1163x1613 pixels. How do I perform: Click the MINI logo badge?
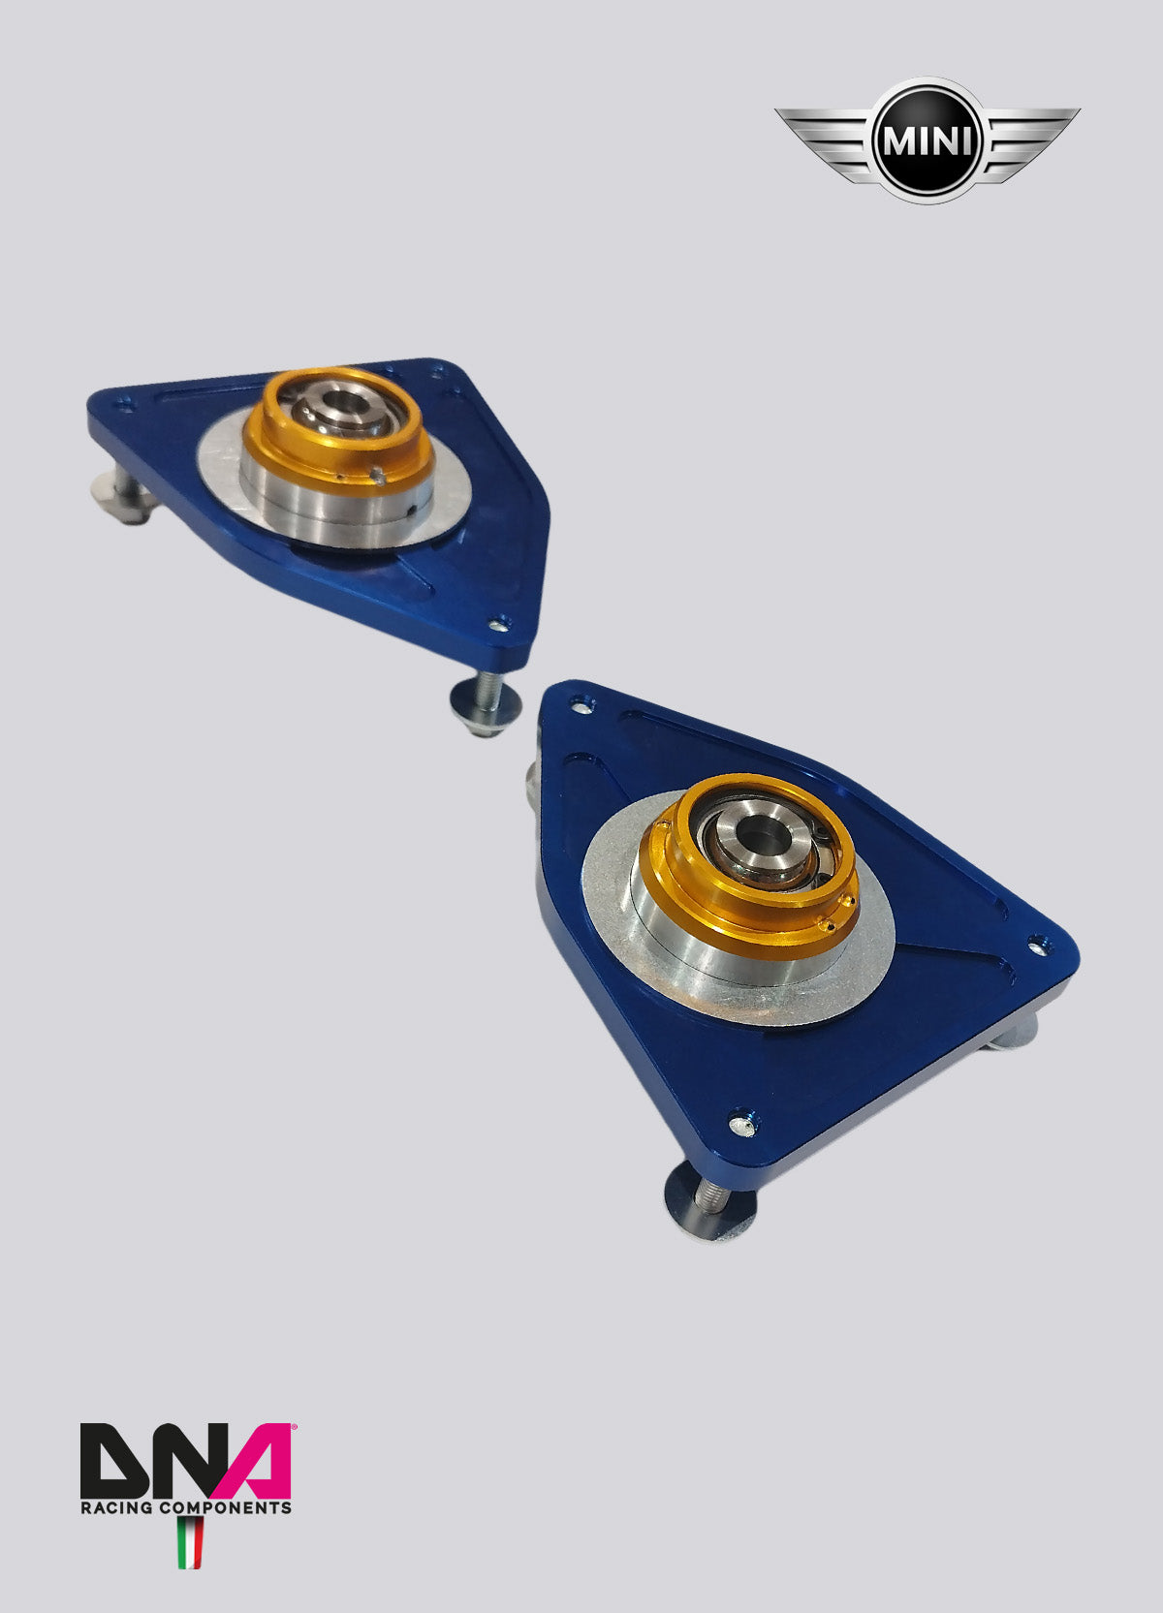[x=927, y=140]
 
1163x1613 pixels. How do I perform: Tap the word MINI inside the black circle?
[x=927, y=141]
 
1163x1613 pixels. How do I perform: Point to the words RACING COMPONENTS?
[x=185, y=1507]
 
